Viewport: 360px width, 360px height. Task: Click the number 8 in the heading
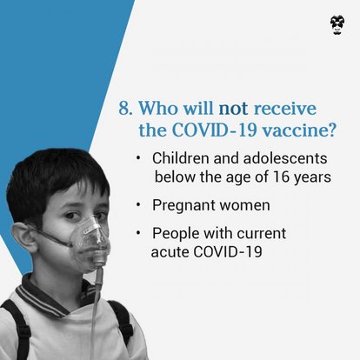point(123,112)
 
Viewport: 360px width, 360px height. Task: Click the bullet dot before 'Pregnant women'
point(139,206)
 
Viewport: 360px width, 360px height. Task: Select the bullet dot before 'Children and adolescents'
point(139,160)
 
